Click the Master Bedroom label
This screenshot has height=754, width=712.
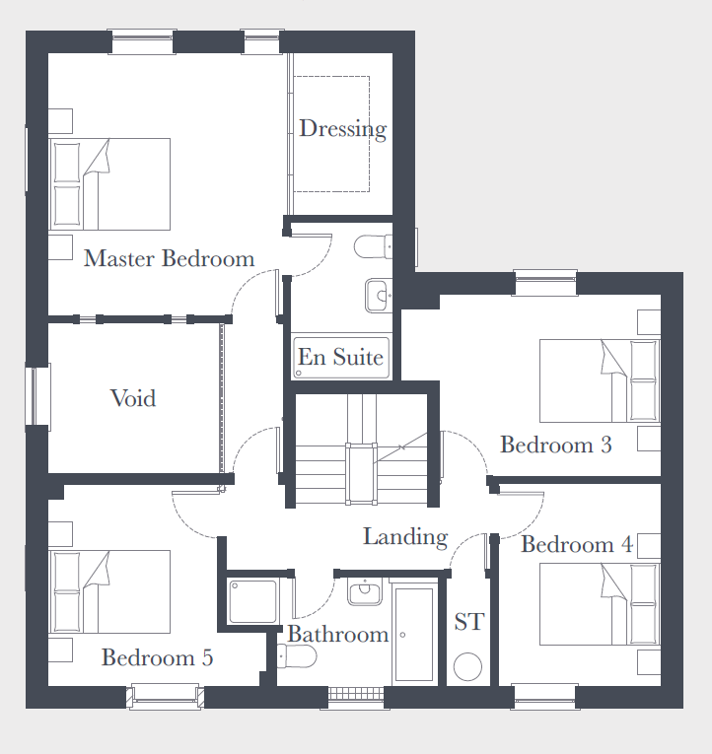[169, 258]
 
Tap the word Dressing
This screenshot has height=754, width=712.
[343, 129]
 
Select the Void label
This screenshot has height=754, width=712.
[133, 398]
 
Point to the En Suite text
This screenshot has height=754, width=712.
[340, 357]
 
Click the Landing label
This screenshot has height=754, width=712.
[405, 537]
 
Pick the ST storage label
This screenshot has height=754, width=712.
[468, 622]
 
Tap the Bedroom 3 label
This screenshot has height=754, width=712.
[556, 445]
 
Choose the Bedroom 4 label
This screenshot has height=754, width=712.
[577, 544]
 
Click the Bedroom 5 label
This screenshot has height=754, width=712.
[158, 657]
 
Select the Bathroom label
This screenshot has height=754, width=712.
[338, 635]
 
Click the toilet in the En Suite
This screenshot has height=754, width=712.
[373, 246]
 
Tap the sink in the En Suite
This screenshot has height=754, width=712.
[379, 296]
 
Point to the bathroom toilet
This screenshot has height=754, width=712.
[297, 656]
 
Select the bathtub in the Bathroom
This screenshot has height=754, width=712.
[414, 634]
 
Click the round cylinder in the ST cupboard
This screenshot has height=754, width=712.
[467, 667]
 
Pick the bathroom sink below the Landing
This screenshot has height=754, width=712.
[365, 591]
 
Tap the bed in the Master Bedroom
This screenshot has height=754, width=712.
[109, 184]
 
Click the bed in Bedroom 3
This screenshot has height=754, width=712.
[600, 380]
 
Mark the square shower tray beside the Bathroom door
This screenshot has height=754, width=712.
[253, 601]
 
